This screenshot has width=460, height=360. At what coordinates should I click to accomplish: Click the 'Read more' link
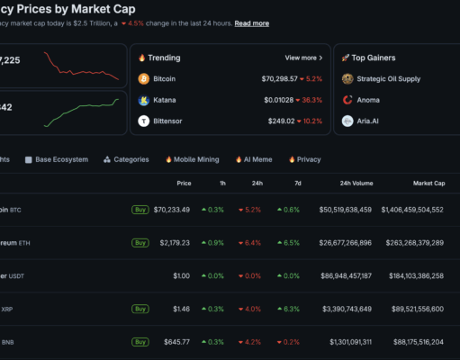[251, 23]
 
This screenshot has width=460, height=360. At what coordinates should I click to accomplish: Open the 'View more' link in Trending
[301, 58]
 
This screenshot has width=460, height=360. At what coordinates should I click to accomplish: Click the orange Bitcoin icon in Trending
[144, 79]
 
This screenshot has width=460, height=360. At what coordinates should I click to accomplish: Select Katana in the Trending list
[165, 100]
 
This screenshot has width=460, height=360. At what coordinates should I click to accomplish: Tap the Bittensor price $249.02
[279, 121]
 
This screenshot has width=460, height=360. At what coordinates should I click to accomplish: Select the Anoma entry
[367, 100]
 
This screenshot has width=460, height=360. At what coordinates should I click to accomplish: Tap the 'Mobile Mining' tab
[192, 159]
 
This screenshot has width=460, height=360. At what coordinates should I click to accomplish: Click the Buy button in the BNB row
[140, 342]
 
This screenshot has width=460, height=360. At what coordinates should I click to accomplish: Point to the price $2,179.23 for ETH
[171, 243]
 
